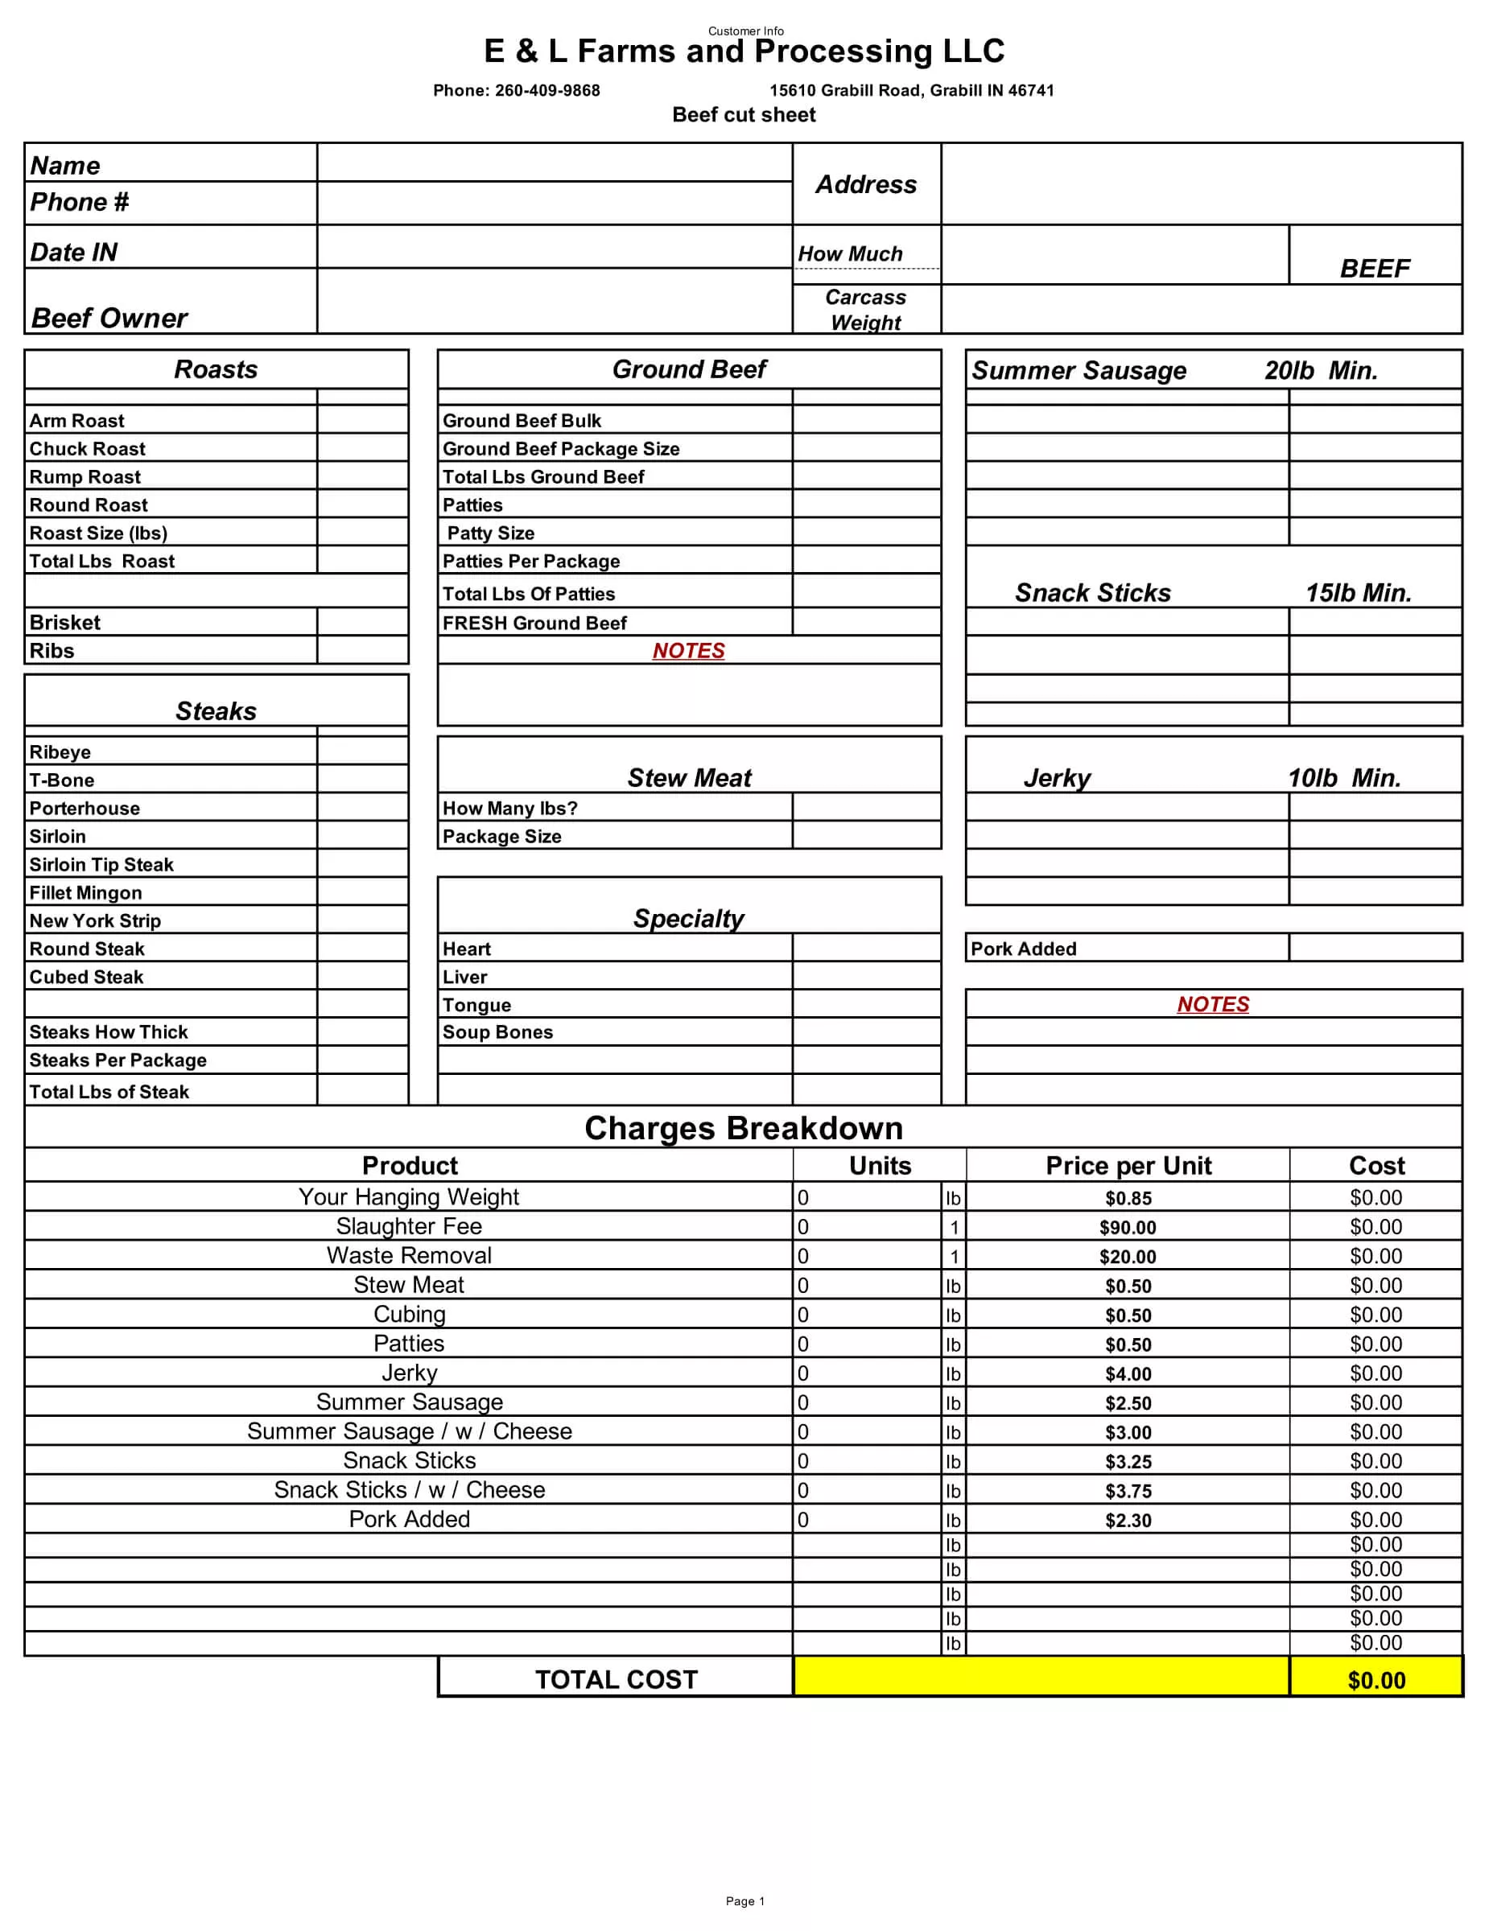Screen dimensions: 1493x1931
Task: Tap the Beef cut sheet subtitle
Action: click(x=744, y=115)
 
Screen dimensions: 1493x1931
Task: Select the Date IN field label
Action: click(x=73, y=253)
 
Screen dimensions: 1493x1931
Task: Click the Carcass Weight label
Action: click(x=865, y=310)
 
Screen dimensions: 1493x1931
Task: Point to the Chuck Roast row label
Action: click(x=87, y=449)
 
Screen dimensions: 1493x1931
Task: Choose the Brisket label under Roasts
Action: click(x=64, y=623)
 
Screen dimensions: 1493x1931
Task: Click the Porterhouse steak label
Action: click(x=84, y=808)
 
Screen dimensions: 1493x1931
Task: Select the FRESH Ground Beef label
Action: click(x=534, y=624)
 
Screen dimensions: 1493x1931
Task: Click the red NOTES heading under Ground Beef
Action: click(x=688, y=651)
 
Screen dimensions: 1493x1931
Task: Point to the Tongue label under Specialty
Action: click(x=476, y=1005)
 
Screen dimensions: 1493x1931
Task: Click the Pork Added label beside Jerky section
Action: click(x=1023, y=949)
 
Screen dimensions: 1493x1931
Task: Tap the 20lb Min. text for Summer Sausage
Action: click(x=1321, y=370)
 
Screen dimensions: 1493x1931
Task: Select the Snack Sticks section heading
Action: click(x=1092, y=592)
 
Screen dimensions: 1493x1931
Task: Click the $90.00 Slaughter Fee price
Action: click(x=1128, y=1227)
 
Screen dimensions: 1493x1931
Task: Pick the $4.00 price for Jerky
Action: click(x=1128, y=1374)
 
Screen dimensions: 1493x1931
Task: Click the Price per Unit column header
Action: click(x=1128, y=1165)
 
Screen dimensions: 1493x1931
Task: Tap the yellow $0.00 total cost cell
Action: click(x=1375, y=1680)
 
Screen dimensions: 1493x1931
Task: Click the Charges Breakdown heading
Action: click(x=744, y=1128)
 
